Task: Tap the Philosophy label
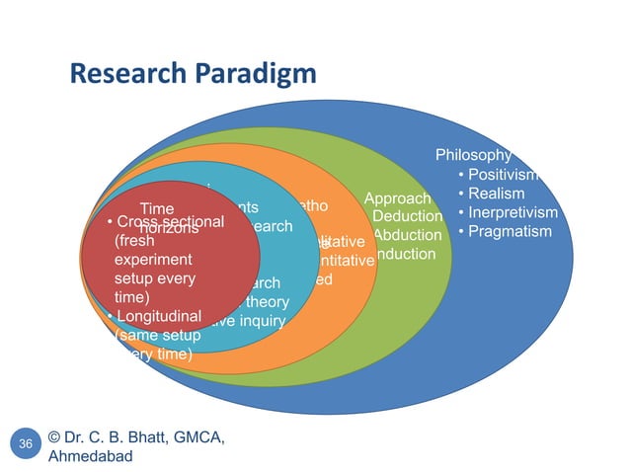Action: (x=473, y=155)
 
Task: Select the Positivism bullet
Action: (x=505, y=175)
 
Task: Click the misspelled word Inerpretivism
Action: (x=513, y=212)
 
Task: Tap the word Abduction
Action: (x=407, y=235)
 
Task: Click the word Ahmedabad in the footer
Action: (x=90, y=457)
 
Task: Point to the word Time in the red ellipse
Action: (x=158, y=209)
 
